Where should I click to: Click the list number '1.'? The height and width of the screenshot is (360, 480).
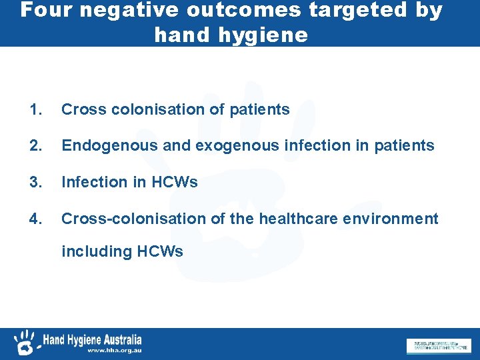[37, 109]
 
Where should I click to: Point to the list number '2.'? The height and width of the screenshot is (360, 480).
[37, 145]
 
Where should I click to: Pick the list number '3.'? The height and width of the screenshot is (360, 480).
[37, 182]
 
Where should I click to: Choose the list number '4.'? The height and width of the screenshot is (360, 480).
[37, 219]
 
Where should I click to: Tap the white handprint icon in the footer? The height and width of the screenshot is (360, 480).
[25, 342]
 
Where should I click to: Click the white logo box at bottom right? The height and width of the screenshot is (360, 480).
[437, 345]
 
